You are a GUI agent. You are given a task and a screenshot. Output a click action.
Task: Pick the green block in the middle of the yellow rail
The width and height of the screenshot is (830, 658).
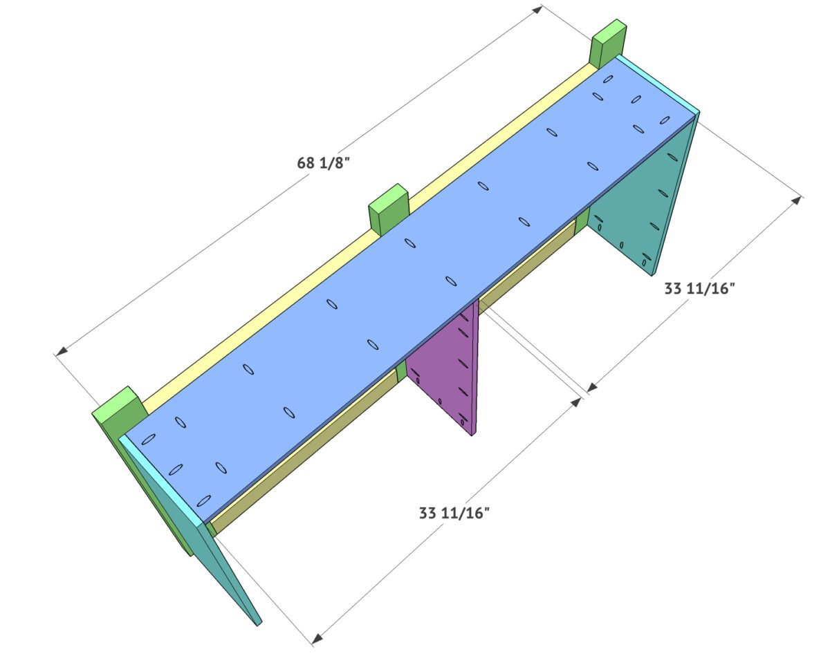point(389,208)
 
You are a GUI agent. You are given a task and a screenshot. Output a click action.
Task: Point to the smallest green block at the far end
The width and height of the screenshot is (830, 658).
point(609,44)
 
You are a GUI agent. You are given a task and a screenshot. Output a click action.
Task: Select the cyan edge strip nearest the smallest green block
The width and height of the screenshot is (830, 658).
point(657,83)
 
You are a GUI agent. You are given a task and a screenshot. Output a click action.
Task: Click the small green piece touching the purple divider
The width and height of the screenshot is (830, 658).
point(401,373)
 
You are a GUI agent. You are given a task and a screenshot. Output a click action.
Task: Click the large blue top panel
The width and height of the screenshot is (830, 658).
point(415,263)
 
